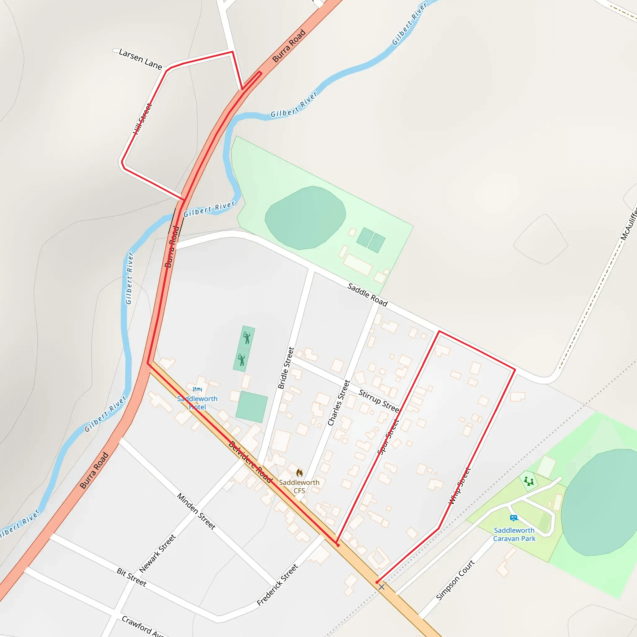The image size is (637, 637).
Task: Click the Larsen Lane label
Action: (141, 59)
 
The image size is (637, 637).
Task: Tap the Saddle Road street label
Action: (367, 295)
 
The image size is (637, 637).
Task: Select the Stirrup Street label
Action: (379, 401)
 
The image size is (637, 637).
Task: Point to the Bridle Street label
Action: (286, 368)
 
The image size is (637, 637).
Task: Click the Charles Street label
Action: (339, 402)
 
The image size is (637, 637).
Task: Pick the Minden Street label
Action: (196, 511)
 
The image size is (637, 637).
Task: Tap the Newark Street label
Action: (157, 554)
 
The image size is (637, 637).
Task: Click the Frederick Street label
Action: (278, 584)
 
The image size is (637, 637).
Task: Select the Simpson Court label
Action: (455, 580)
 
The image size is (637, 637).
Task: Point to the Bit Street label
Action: (132, 577)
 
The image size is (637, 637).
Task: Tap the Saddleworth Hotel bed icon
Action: (197, 389)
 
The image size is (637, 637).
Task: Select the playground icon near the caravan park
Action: (529, 481)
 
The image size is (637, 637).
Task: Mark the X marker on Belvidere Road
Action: (381, 587)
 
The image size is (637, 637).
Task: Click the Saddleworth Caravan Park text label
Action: (514, 534)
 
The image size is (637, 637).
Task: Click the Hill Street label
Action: (142, 119)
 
